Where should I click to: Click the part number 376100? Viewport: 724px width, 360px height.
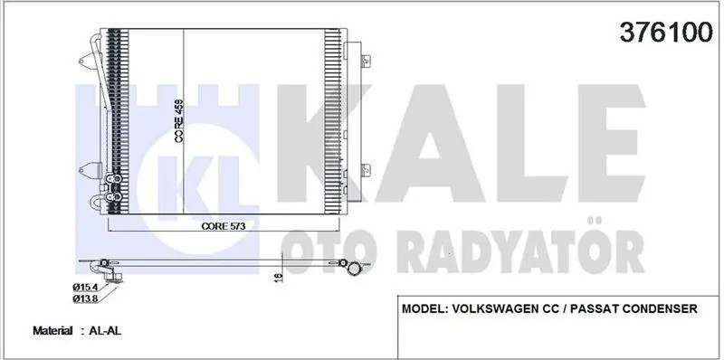pos(666,33)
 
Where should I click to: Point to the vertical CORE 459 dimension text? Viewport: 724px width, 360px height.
pos(179,121)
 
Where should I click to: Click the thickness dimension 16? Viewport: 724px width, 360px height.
pos(279,277)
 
